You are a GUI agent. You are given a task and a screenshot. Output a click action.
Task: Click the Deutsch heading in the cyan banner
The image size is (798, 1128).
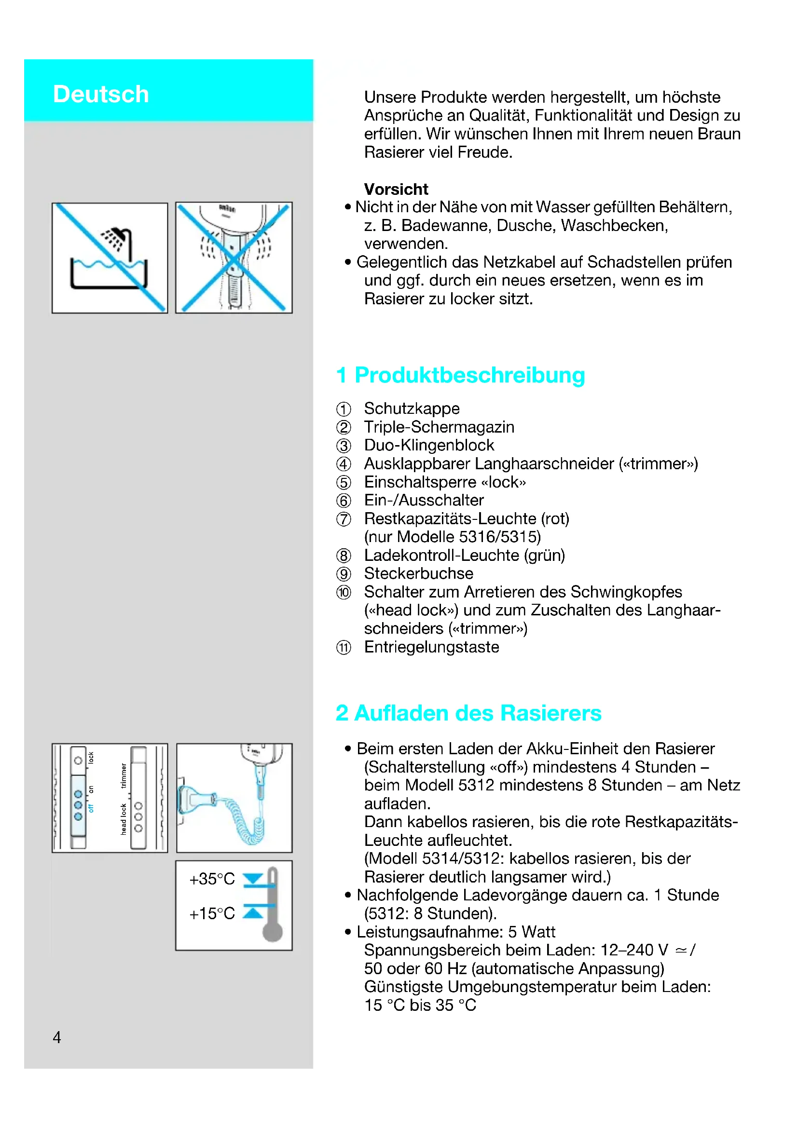point(101,94)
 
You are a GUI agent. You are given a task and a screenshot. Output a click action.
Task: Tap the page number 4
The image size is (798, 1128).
point(57,1037)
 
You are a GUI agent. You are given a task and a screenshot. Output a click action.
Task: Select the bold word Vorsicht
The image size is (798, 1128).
point(396,189)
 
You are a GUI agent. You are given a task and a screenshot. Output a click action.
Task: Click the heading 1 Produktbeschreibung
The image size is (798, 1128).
point(460,375)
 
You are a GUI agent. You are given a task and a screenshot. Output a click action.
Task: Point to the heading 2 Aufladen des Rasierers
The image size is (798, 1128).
point(468,713)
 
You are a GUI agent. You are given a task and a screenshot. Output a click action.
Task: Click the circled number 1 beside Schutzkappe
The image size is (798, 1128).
point(344,409)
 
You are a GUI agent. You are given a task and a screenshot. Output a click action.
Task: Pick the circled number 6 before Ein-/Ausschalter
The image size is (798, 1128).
point(344,501)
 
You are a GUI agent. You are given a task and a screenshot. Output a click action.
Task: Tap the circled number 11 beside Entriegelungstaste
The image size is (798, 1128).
point(344,648)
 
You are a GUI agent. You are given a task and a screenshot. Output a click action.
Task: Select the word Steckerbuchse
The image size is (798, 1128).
point(419,573)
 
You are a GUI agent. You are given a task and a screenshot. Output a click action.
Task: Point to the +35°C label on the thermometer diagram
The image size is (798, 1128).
point(212,879)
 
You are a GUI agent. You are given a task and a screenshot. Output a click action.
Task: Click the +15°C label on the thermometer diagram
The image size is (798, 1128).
point(212,913)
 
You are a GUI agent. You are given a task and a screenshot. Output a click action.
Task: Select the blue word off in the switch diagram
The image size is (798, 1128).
point(90,808)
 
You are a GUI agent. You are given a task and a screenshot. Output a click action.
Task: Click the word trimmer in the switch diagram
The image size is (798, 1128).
point(124,776)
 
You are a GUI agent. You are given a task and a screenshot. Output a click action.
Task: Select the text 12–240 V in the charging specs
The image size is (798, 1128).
point(634,950)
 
